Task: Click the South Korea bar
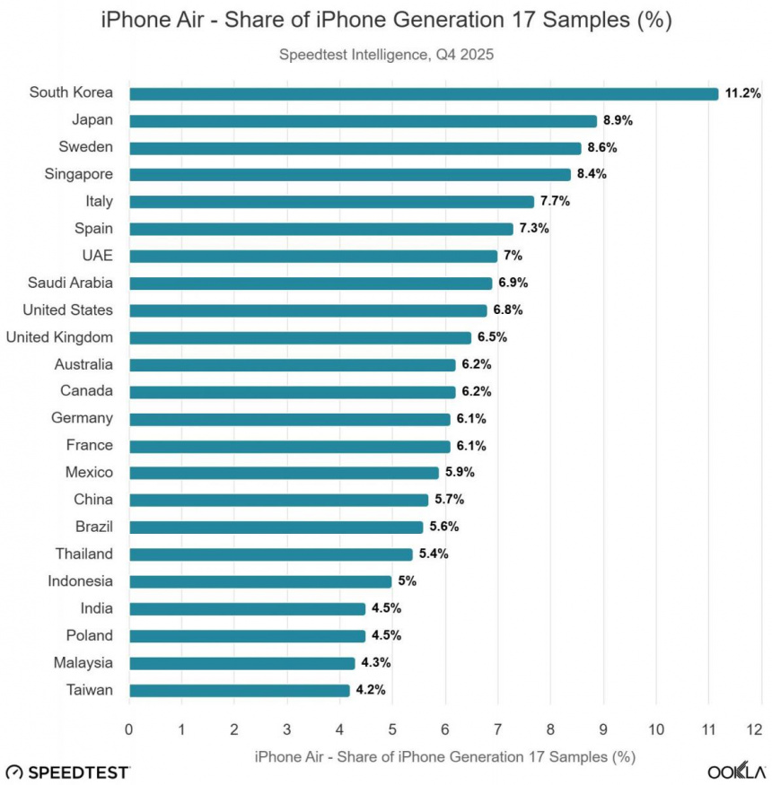pyautogui.click(x=423, y=93)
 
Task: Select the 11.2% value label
pyautogui.click(x=742, y=93)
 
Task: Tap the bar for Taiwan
pyautogui.click(x=239, y=690)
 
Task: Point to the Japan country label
pyautogui.click(x=92, y=119)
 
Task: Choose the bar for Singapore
pyautogui.click(x=349, y=174)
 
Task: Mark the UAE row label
pyautogui.click(x=96, y=255)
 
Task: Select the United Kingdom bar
pyautogui.click(x=300, y=337)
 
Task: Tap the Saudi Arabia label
pyautogui.click(x=71, y=283)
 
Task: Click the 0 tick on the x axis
pyautogui.click(x=129, y=728)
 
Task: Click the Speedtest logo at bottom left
pyautogui.click(x=67, y=772)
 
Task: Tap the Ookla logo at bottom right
pyautogui.click(x=736, y=772)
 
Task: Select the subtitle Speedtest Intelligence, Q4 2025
pyautogui.click(x=386, y=54)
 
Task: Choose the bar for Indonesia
pyautogui.click(x=260, y=581)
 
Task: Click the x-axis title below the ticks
pyautogui.click(x=445, y=756)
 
